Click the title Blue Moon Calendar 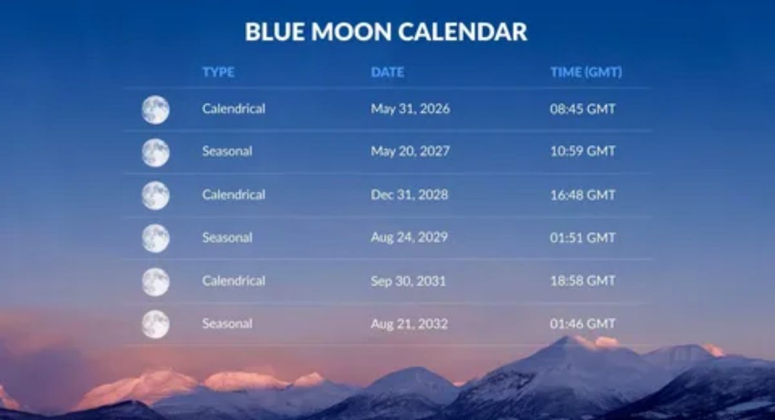pyautogui.click(x=386, y=32)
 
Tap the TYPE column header pyautogui.click(x=218, y=72)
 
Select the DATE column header pyautogui.click(x=387, y=72)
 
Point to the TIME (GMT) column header pyautogui.click(x=586, y=72)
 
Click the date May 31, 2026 pyautogui.click(x=410, y=109)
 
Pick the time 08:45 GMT pyautogui.click(x=583, y=109)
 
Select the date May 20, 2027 pyautogui.click(x=410, y=151)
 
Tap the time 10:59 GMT pyautogui.click(x=583, y=151)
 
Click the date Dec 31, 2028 pyautogui.click(x=409, y=194)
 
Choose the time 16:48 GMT pyautogui.click(x=583, y=195)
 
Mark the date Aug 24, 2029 pyautogui.click(x=409, y=237)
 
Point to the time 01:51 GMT pyautogui.click(x=583, y=238)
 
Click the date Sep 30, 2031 pyautogui.click(x=408, y=281)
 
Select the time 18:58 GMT pyautogui.click(x=583, y=281)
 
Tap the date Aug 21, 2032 pyautogui.click(x=409, y=324)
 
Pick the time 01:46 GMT pyautogui.click(x=583, y=324)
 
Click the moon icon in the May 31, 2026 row pyautogui.click(x=156, y=110)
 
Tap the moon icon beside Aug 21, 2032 pyautogui.click(x=156, y=324)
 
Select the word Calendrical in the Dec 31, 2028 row pyautogui.click(x=234, y=194)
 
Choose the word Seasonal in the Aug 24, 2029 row pyautogui.click(x=227, y=238)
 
